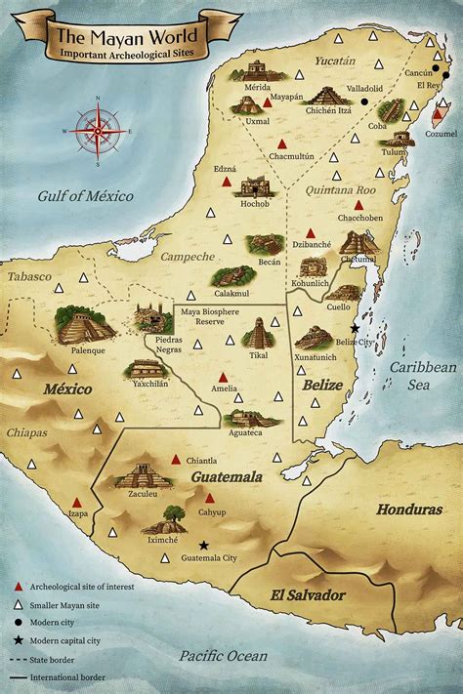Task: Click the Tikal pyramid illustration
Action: coord(259,334)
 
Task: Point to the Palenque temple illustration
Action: coord(86,325)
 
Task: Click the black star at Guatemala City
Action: coord(204,545)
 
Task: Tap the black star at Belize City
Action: coord(355,329)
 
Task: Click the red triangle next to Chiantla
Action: coord(176,459)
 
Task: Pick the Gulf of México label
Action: coord(85,196)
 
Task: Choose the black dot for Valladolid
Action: coord(364,101)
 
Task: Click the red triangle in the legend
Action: coord(18,587)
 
